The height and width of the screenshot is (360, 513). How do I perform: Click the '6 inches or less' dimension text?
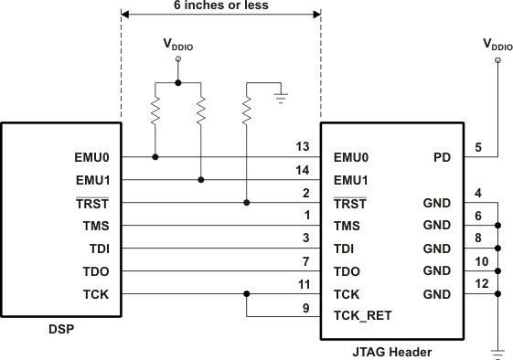[220, 5]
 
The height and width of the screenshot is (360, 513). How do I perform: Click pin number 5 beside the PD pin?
[478, 146]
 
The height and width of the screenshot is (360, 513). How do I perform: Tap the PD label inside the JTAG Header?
[441, 157]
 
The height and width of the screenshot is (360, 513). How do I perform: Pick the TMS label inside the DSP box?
[93, 226]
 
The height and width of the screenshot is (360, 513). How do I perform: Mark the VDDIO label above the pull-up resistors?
[177, 44]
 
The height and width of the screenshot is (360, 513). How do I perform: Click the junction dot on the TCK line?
[247, 294]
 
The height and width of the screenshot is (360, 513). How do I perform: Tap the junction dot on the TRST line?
[247, 203]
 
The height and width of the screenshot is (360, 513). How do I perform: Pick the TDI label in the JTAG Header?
[346, 249]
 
